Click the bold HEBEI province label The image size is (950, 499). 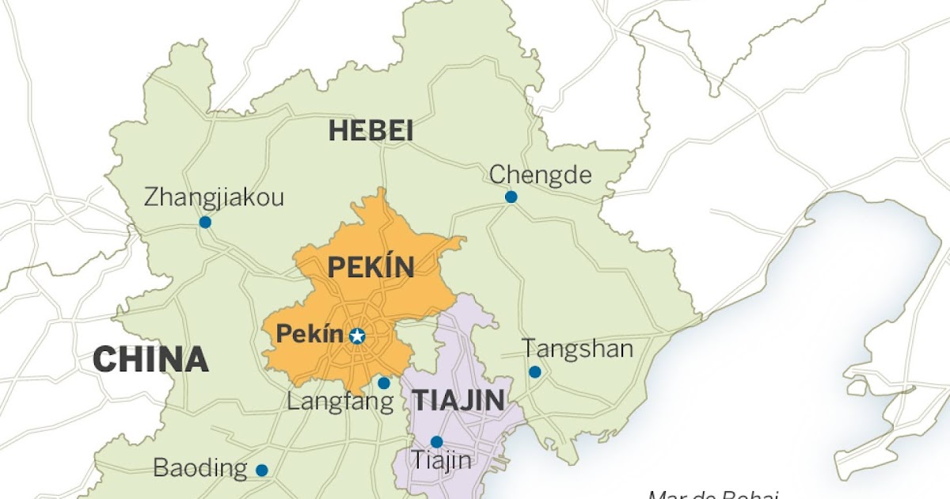click(370, 131)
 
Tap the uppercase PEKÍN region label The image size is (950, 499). click(370, 268)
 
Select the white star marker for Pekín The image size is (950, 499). click(357, 336)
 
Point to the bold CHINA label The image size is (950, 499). click(150, 360)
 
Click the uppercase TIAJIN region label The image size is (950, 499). click(458, 400)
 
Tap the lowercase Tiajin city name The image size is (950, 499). click(442, 460)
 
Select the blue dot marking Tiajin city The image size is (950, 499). click(436, 442)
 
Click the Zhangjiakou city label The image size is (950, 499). click(214, 197)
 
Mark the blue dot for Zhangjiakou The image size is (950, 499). click(205, 223)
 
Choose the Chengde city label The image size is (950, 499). click(540, 174)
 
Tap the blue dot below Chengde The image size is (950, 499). click(511, 196)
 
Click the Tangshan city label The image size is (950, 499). click(577, 349)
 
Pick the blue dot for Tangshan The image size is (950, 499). click(534, 371)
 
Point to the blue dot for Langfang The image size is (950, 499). click(384, 383)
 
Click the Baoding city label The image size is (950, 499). click(200, 467)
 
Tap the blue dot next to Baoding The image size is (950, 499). click(262, 470)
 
